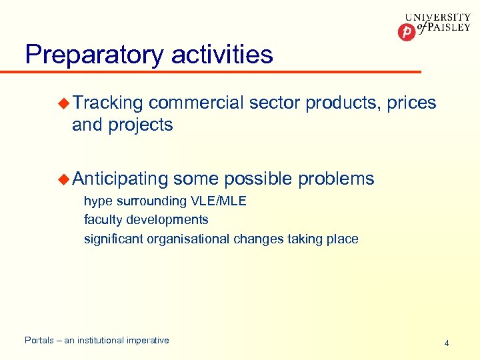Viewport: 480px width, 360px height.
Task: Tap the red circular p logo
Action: [x=406, y=31]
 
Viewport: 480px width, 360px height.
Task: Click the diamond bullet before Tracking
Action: [x=64, y=103]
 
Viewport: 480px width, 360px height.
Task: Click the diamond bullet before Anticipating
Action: [x=64, y=178]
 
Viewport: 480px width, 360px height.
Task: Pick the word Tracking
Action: [x=108, y=103]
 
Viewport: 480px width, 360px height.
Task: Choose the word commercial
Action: [x=196, y=103]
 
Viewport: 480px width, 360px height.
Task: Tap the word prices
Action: [x=411, y=103]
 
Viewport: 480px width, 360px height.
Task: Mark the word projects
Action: [x=142, y=125]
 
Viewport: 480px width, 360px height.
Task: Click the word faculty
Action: [x=102, y=219]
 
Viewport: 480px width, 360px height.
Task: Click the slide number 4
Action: [x=447, y=343]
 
